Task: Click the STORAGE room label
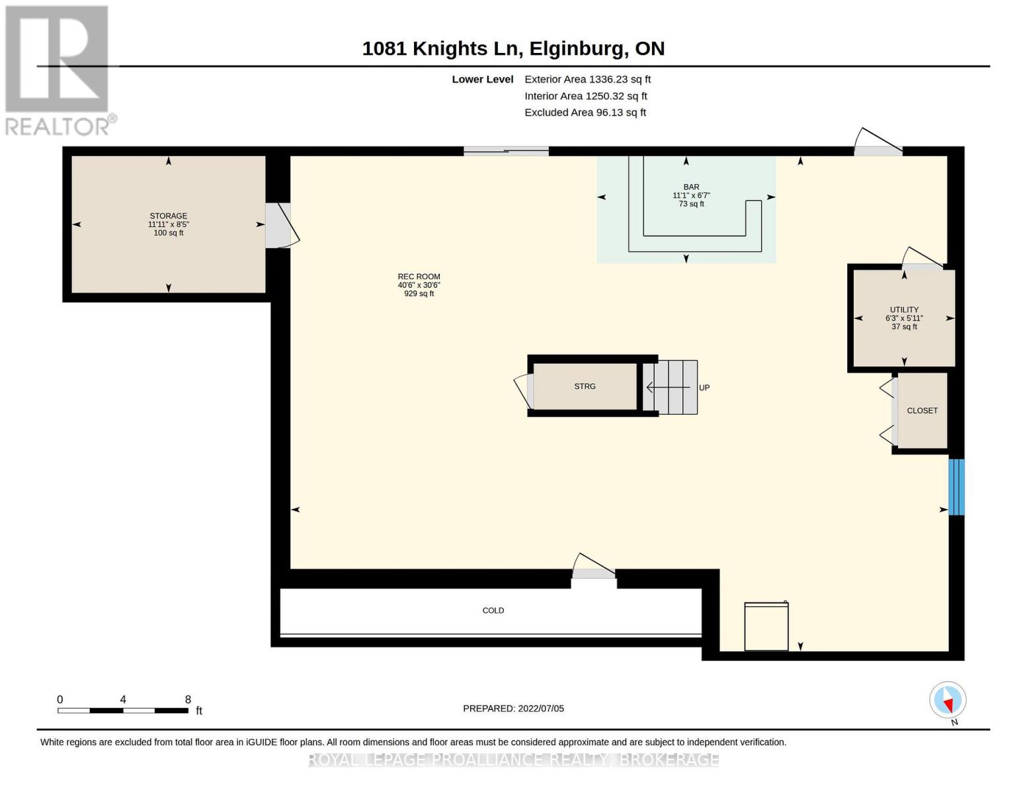point(168,216)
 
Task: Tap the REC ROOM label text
point(419,277)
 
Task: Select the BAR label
point(691,187)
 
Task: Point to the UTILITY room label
point(904,310)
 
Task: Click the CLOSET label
point(922,410)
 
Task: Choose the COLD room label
point(493,611)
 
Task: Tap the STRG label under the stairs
point(585,386)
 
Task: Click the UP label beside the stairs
point(704,388)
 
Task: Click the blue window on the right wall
point(956,487)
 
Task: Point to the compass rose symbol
point(948,701)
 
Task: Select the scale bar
point(123,710)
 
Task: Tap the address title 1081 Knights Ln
point(442,49)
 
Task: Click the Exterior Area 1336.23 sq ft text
point(587,79)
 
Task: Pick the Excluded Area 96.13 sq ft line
point(585,112)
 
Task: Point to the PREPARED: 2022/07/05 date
point(513,709)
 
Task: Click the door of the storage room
point(282,225)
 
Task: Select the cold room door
point(594,566)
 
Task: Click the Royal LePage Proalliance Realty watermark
point(513,760)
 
